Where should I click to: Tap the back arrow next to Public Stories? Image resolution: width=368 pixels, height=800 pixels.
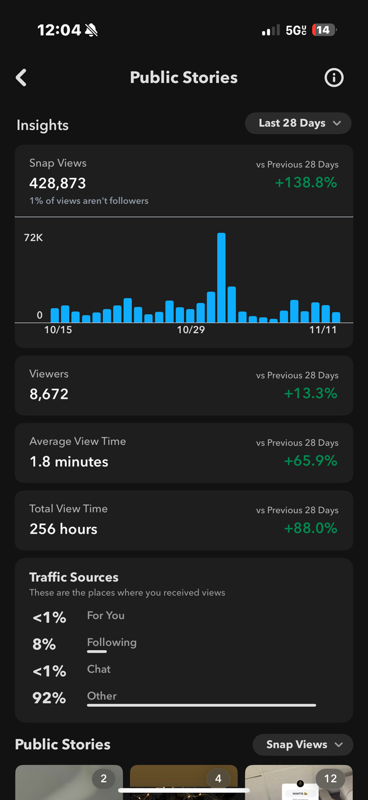[x=21, y=77]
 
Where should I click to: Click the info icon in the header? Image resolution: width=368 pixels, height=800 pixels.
[x=334, y=77]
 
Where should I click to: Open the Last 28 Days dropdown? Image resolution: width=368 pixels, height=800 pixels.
[x=298, y=123]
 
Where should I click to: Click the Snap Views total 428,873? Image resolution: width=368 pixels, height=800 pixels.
[x=58, y=183]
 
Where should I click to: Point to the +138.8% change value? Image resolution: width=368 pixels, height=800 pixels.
[x=306, y=182]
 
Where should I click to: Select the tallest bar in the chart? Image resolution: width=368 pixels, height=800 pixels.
[x=221, y=277]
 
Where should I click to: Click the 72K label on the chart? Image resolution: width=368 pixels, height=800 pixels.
[x=33, y=237]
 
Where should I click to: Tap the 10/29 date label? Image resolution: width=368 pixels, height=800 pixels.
[x=191, y=330]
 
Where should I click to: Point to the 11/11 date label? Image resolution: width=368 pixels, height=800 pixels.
[x=323, y=330]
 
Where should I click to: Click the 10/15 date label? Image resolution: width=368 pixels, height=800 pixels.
[x=58, y=330]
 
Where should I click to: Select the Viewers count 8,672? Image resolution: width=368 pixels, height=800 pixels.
[x=49, y=394]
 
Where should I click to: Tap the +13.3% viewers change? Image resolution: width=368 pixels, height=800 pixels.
[x=310, y=393]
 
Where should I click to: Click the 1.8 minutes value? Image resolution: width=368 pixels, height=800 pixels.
[x=69, y=461]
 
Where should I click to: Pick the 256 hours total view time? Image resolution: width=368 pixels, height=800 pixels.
[x=63, y=529]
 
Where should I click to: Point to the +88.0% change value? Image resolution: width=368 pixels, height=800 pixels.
[x=310, y=528]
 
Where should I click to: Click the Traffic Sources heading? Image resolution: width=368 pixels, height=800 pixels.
[x=74, y=577]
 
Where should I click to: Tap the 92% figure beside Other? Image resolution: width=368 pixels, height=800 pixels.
[x=49, y=698]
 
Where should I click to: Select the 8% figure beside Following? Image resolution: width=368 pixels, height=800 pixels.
[x=44, y=644]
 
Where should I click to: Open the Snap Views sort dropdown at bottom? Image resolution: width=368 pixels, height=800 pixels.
[x=303, y=745]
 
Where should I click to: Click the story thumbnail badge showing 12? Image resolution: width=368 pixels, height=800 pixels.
[x=330, y=779]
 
